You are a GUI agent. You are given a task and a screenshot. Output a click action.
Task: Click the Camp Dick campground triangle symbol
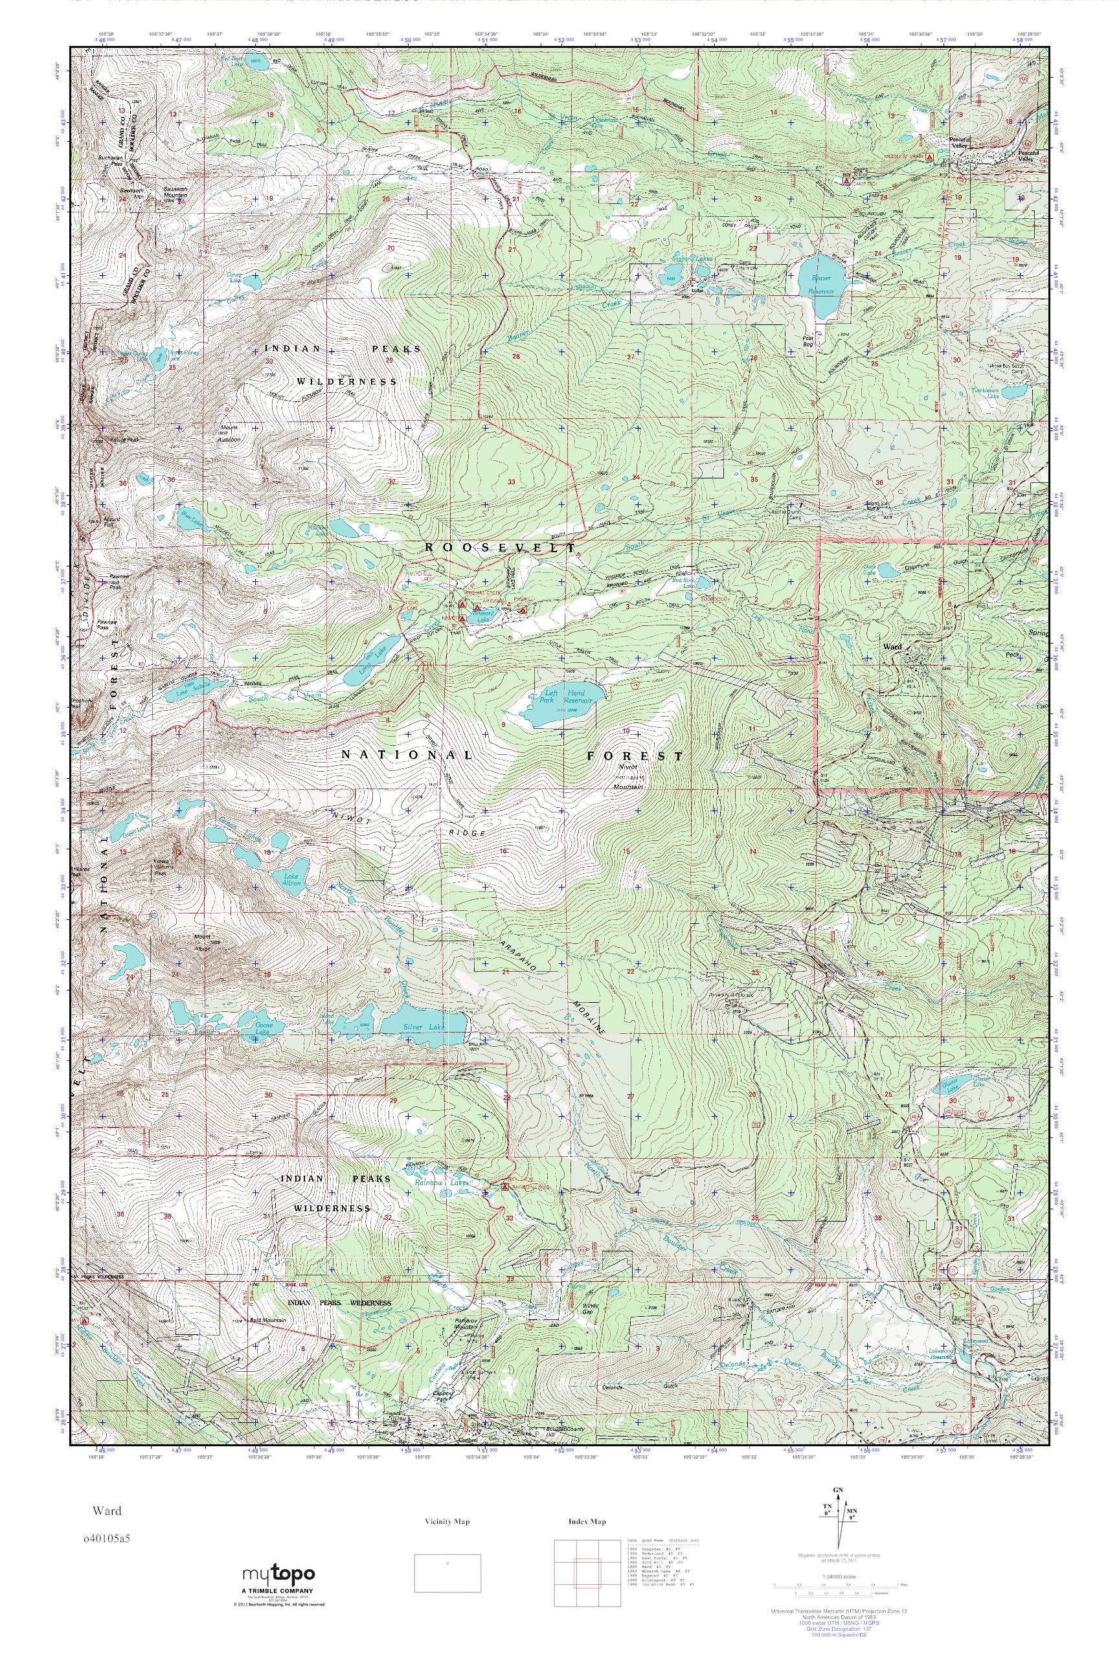[x=846, y=181]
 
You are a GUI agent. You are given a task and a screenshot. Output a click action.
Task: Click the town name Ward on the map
[x=892, y=646]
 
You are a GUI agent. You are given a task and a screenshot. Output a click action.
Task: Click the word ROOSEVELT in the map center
[x=499, y=547]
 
